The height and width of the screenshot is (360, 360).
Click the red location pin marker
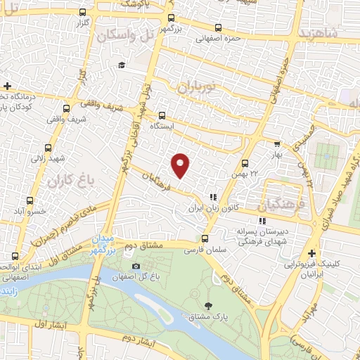(x=181, y=165)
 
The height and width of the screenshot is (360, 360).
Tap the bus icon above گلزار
(x=84, y=12)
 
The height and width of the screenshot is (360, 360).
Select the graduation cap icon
(x=122, y=65)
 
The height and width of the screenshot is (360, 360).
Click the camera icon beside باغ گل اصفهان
(x=136, y=267)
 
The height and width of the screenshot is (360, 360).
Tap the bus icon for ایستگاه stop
(x=162, y=115)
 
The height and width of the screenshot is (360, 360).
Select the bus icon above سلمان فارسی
(x=205, y=238)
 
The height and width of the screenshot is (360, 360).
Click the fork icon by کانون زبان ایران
(x=212, y=198)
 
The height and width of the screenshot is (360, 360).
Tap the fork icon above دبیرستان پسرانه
(x=262, y=220)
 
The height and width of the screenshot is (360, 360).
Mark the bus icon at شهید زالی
(x=49, y=148)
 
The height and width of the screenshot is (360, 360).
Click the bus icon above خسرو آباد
(x=30, y=200)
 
